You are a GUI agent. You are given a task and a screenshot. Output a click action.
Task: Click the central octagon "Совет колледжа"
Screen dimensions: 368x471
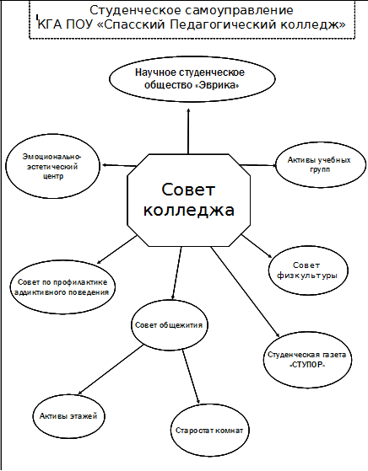pyautogui.click(x=189, y=200)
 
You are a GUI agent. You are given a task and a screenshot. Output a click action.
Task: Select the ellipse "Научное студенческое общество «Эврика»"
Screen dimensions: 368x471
pyautogui.click(x=192, y=78)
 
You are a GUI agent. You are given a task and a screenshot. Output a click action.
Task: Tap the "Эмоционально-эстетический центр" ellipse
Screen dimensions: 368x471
pyautogui.click(x=52, y=166)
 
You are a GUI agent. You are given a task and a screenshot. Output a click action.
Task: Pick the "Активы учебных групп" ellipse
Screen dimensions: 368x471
pyautogui.click(x=321, y=164)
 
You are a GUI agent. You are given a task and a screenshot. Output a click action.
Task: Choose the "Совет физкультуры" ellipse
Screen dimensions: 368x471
pyautogui.click(x=308, y=270)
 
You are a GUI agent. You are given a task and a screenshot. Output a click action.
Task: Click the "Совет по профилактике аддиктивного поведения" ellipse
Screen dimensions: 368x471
pyautogui.click(x=63, y=287)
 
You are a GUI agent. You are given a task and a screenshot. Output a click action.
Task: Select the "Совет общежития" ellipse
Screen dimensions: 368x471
pyautogui.click(x=170, y=325)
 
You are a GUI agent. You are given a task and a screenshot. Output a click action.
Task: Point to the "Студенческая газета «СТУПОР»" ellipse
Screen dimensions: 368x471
pyautogui.click(x=307, y=360)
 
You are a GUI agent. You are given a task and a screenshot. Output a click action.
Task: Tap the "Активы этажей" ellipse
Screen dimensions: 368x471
pyautogui.click(x=69, y=416)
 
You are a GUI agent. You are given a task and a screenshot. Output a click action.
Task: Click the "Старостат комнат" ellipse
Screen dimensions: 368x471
pyautogui.click(x=209, y=431)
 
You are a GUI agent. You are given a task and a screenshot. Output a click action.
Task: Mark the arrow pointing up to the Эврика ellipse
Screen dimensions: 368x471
pyautogui.click(x=189, y=131)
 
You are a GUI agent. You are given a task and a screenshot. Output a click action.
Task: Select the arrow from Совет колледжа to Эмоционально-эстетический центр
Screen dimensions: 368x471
pyautogui.click(x=119, y=165)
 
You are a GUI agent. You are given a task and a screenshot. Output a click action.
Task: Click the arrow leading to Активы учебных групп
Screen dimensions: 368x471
pyautogui.click(x=258, y=165)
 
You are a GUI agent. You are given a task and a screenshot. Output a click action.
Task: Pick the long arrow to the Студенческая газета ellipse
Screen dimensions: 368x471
pyautogui.click(x=246, y=292)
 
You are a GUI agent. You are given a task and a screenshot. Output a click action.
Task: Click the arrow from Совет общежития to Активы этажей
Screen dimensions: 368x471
pyautogui.click(x=111, y=370)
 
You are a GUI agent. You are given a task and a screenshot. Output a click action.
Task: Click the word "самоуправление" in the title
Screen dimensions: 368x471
pyautogui.click(x=239, y=10)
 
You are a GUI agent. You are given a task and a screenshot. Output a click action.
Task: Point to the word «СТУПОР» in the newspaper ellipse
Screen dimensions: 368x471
pyautogui.click(x=307, y=366)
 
